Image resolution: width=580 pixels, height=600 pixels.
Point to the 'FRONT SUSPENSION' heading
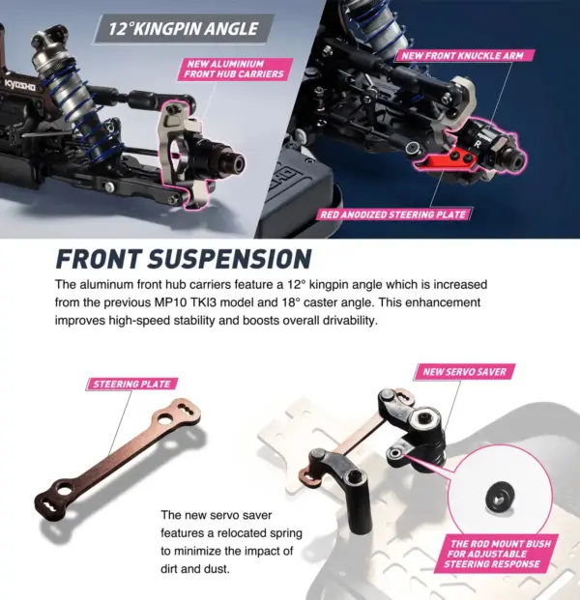[184, 259]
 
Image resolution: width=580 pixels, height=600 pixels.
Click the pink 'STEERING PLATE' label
[130, 384]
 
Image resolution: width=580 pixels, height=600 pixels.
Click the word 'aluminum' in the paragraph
[115, 286]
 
